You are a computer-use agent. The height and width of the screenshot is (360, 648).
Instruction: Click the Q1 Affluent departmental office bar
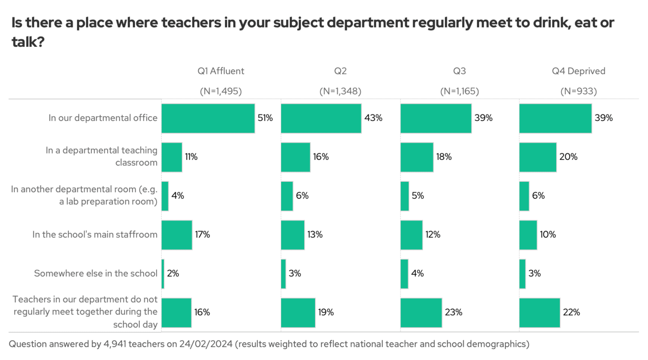[x=208, y=118]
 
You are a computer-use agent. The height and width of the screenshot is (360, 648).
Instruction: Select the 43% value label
[x=373, y=118]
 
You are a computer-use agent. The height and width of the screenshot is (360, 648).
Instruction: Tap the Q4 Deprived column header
[x=579, y=71]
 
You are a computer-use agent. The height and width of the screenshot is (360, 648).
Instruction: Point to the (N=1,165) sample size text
[x=459, y=91]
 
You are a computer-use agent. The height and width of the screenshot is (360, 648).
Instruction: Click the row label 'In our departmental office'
[x=103, y=118]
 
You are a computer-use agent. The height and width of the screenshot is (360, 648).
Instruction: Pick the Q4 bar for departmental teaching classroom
[x=538, y=157]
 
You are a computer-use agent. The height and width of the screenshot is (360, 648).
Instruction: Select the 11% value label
[x=191, y=157]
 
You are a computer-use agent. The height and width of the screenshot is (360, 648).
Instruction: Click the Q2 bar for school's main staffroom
[x=292, y=234]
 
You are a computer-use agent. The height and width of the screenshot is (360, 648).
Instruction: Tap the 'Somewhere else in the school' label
[x=96, y=273]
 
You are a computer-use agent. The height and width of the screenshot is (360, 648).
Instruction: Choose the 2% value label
[x=173, y=273]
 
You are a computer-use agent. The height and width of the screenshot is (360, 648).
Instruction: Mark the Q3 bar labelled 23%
[x=421, y=312]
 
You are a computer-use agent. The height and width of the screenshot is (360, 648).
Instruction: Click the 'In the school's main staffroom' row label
[x=95, y=234]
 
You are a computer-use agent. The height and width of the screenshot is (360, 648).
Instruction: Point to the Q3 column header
[x=459, y=71]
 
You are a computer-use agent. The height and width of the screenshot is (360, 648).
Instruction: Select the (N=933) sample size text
[x=579, y=91]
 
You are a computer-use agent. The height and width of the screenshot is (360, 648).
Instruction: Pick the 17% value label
[x=202, y=234]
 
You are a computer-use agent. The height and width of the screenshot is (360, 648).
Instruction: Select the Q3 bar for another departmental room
[x=405, y=196]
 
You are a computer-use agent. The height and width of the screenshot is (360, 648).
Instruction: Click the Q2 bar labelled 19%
[x=298, y=312]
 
